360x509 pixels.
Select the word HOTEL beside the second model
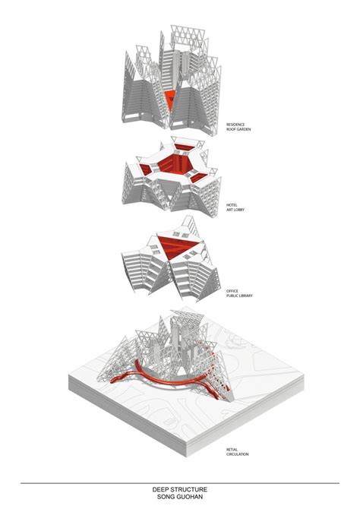click(232, 204)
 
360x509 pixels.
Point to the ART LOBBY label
click(235, 210)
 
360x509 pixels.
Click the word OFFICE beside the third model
click(232, 290)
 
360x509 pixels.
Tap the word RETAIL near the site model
click(232, 449)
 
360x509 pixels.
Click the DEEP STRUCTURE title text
click(180, 491)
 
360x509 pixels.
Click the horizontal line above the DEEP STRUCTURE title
click(180, 483)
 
